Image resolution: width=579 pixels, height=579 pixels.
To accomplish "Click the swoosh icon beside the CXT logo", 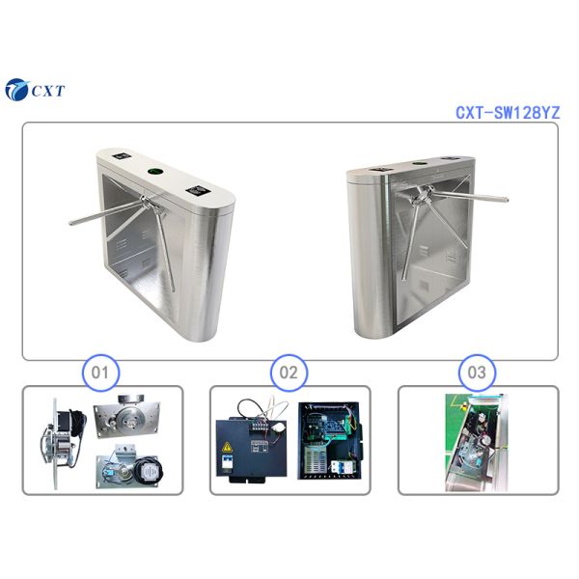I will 17,90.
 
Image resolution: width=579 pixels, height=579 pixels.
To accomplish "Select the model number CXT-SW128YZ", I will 507,113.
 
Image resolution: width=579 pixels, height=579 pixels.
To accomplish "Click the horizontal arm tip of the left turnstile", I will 72,224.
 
